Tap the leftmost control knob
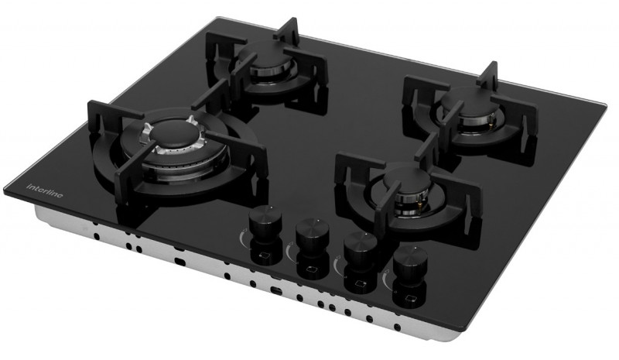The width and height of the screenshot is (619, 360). pos(265,223)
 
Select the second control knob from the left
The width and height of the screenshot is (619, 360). pos(313,234)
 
